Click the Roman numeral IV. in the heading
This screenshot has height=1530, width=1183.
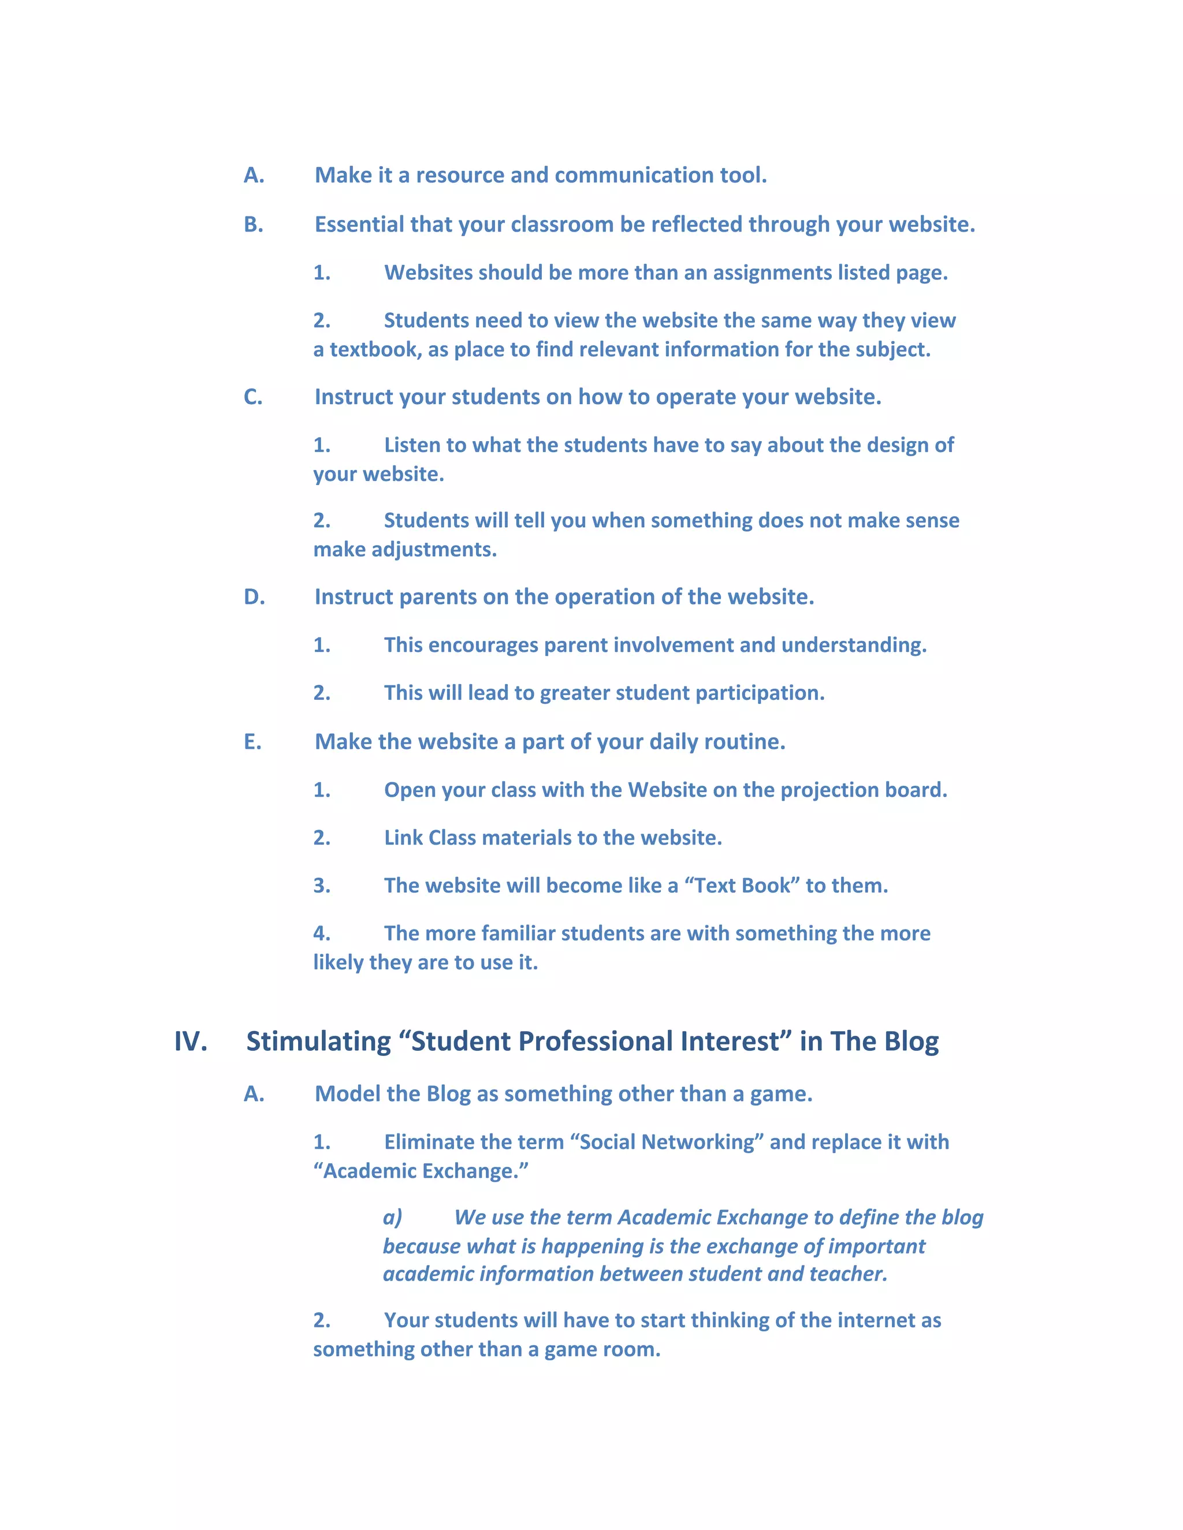(191, 1042)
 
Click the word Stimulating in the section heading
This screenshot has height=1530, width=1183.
(318, 1042)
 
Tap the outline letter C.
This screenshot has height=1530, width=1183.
(253, 397)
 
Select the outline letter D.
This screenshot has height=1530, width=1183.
(254, 597)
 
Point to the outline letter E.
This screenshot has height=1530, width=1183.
(252, 742)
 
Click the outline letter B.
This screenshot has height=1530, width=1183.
(253, 224)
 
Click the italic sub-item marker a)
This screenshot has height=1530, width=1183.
(392, 1218)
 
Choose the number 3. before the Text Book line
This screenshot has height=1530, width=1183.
(322, 886)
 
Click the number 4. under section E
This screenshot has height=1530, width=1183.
(322, 934)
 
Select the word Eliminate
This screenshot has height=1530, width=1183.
(425, 1143)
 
